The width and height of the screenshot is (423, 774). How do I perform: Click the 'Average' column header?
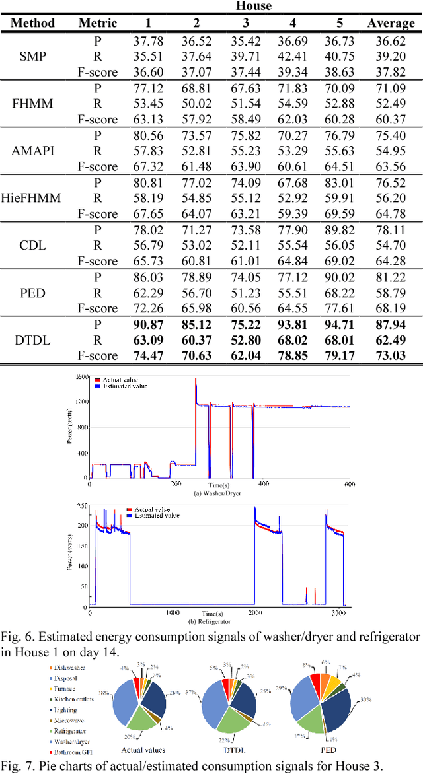click(391, 23)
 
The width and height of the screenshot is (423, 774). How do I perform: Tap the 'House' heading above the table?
click(254, 7)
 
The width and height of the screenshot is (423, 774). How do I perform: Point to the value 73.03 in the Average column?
click(391, 356)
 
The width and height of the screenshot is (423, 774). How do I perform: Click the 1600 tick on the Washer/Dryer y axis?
click(81, 377)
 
